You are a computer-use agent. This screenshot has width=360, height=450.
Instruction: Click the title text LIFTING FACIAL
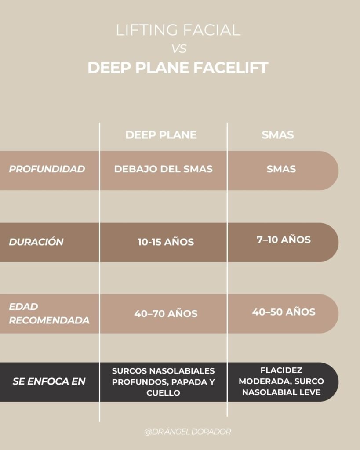click(178, 31)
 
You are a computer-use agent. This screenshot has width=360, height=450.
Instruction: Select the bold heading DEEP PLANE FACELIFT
click(178, 68)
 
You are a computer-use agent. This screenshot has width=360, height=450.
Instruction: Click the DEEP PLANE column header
click(161, 135)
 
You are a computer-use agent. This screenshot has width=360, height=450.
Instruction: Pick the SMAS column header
click(277, 135)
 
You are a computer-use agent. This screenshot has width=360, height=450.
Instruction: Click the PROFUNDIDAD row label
click(47, 169)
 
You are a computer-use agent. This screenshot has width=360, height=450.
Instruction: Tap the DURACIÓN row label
click(36, 242)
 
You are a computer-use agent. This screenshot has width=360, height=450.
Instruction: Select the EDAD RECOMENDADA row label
click(49, 313)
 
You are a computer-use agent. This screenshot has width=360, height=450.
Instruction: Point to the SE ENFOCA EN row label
click(48, 381)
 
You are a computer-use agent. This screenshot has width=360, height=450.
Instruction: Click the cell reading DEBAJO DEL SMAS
click(163, 169)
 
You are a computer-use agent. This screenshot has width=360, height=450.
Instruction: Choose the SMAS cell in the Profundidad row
click(281, 169)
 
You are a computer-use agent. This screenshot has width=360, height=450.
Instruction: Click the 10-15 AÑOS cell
click(165, 242)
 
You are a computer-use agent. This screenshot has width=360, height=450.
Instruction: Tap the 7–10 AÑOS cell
click(284, 240)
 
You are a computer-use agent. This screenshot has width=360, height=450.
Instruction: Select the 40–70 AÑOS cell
click(166, 314)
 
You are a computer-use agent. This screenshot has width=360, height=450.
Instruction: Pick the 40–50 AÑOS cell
click(284, 312)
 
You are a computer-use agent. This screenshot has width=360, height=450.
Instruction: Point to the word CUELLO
click(163, 393)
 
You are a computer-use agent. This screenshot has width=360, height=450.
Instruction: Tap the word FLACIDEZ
click(281, 370)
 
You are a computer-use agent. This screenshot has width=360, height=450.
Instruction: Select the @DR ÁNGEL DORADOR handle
click(187, 432)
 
